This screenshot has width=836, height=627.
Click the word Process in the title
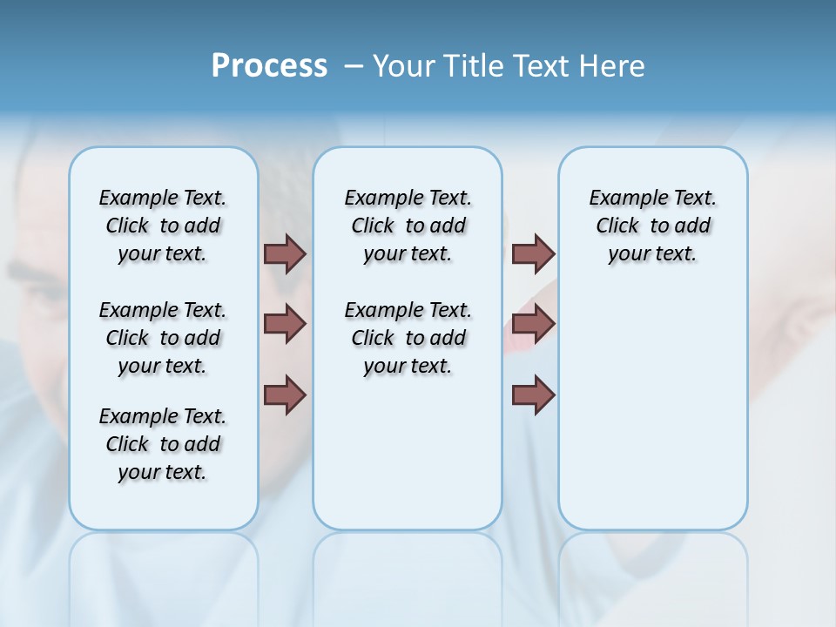269,66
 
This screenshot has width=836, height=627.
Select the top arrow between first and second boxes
285,253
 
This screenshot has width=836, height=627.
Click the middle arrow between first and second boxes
285,324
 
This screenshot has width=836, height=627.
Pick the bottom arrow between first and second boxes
285,394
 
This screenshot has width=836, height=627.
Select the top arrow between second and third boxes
533,253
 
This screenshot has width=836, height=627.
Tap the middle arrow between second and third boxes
533,324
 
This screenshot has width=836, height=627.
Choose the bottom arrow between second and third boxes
533,394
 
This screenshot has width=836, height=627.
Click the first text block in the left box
163,226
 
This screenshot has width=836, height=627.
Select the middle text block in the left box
163,338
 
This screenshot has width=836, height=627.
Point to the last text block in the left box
163,444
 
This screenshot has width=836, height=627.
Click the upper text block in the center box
408,226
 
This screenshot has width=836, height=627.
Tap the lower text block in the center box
408,338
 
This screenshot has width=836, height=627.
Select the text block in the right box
653,226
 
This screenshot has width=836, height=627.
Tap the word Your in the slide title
406,66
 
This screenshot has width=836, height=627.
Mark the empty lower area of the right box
653,409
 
